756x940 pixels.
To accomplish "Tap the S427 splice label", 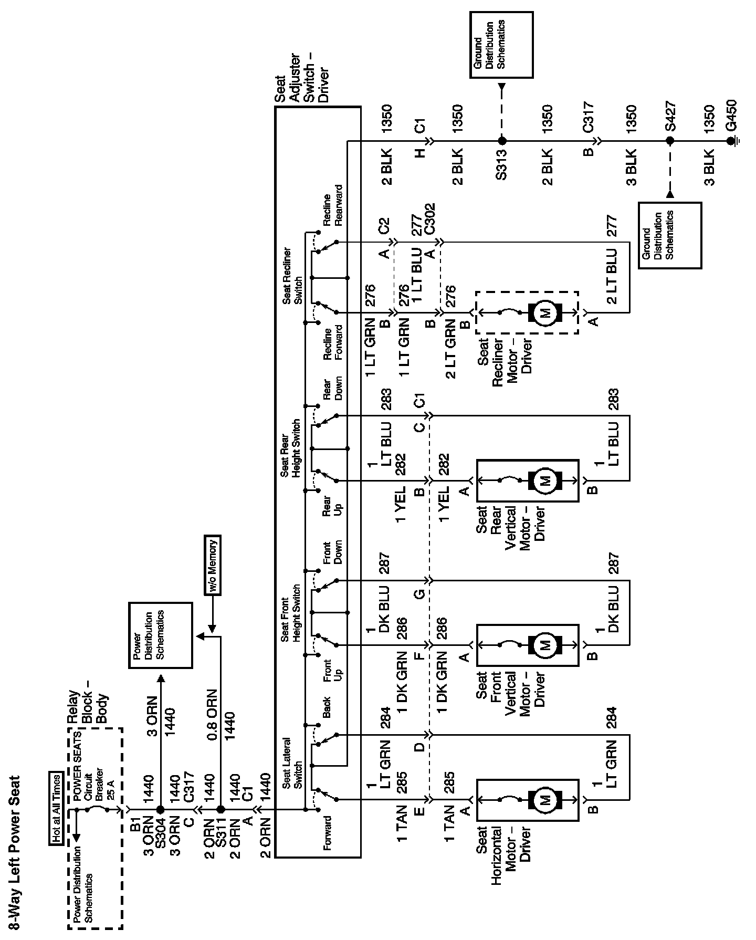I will (670, 117).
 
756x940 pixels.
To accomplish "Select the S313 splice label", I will (501, 165).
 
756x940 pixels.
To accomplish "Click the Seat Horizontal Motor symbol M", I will (544, 799).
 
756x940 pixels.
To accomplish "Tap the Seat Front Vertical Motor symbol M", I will (544, 644).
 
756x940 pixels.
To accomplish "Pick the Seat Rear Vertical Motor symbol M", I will (544, 480).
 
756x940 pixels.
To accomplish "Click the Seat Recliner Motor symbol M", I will (544, 313).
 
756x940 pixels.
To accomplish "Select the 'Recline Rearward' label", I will (332, 205).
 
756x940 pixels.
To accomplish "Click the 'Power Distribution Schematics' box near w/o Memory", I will (161, 635).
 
